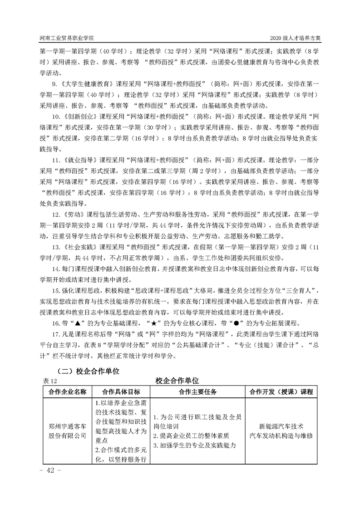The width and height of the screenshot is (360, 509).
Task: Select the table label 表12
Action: pos(49,381)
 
